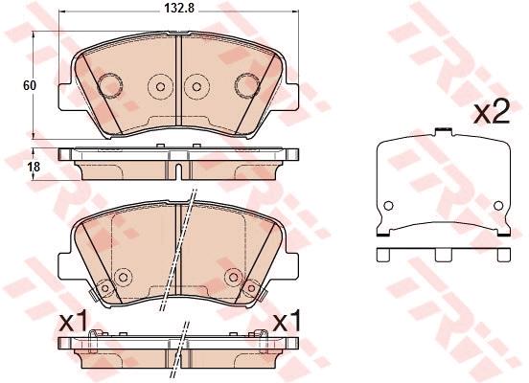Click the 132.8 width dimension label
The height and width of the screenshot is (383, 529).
(x=179, y=9)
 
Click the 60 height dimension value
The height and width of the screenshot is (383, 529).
(x=30, y=85)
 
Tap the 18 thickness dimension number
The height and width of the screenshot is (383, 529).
(x=34, y=167)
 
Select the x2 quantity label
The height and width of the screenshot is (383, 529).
(x=492, y=113)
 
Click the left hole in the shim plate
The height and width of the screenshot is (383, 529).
(x=389, y=205)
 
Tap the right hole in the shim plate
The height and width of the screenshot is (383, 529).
(x=498, y=205)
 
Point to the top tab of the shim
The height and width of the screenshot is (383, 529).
(x=444, y=131)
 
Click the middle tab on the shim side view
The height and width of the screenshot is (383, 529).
(x=443, y=256)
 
